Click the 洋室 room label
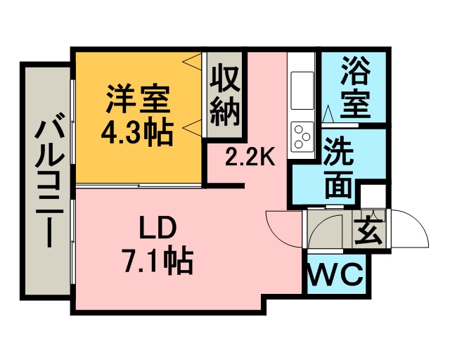click(x=138, y=98)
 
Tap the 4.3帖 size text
click(x=137, y=134)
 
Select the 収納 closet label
click(x=224, y=96)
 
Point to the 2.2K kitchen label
click(x=250, y=157)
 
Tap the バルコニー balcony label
click(x=49, y=184)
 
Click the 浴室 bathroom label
click(x=355, y=87)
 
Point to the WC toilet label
click(x=335, y=274)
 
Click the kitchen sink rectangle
click(x=302, y=91)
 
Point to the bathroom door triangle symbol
click(x=328, y=114)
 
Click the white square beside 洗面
click(x=373, y=196)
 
